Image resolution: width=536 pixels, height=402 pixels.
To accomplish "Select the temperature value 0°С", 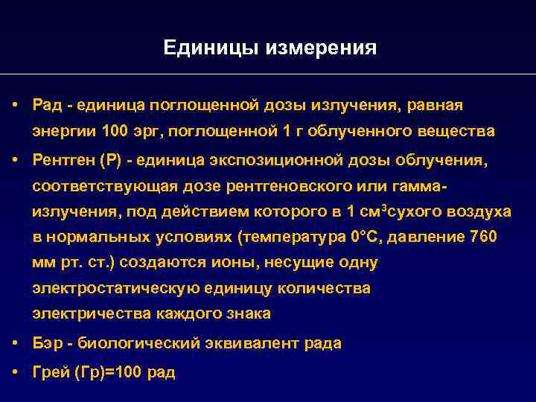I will (x=367, y=237).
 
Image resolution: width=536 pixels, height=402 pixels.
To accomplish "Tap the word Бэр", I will (x=46, y=344).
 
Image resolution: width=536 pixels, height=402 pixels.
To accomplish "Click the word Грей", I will (x=50, y=372).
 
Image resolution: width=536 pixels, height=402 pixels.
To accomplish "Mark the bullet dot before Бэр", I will (x=15, y=343).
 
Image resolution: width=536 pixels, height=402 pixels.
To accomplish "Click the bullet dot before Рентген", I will (x=15, y=160).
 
